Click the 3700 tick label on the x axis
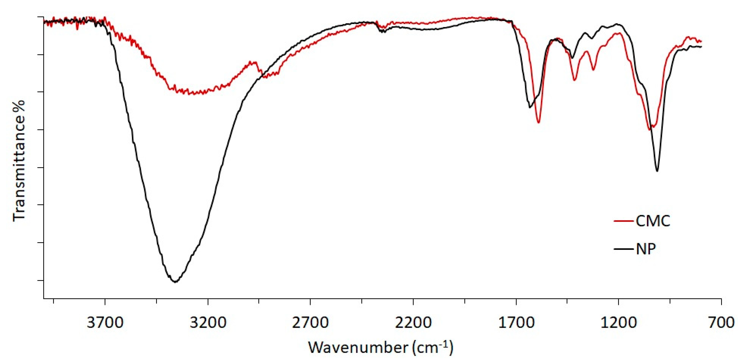tap(105, 323)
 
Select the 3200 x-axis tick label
tap(208, 323)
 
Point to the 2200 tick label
tap(413, 323)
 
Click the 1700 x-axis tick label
tap(516, 323)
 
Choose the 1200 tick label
tap(618, 323)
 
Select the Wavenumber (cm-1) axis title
tap(381, 347)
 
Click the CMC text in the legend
tap(653, 221)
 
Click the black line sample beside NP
tap(623, 249)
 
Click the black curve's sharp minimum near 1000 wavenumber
tap(657, 171)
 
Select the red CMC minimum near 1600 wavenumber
tap(538, 123)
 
